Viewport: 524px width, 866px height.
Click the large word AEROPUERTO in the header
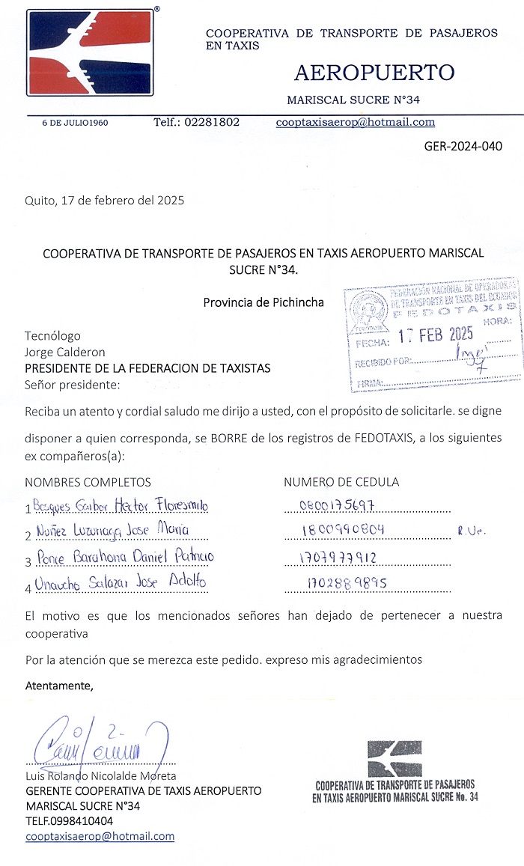(374, 73)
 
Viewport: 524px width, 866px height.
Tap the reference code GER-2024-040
(463, 146)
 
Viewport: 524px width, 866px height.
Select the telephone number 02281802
(197, 122)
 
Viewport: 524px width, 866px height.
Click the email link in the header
(355, 122)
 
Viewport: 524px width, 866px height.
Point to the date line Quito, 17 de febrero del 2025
(104, 201)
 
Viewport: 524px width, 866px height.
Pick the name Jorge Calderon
(65, 352)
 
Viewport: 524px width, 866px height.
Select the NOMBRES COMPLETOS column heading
(88, 482)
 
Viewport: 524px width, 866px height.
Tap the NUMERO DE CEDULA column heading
(341, 482)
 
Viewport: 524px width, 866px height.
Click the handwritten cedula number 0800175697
(337, 505)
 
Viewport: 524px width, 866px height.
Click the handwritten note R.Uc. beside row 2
(472, 531)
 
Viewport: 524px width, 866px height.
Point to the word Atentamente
(60, 685)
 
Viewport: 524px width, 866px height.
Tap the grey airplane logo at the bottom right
(394, 758)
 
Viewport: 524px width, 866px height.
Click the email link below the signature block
(100, 836)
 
